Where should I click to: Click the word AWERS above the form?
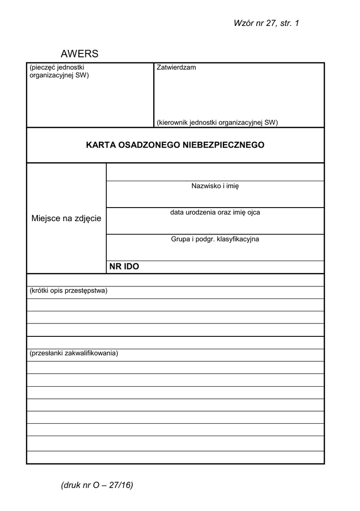pyautogui.click(x=79, y=53)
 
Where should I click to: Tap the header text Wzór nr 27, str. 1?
pyautogui.click(x=266, y=23)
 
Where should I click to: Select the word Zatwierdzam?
pyautogui.click(x=176, y=67)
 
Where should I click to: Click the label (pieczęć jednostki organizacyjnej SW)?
pyautogui.click(x=59, y=71)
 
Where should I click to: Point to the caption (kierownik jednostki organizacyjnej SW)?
pyautogui.click(x=217, y=122)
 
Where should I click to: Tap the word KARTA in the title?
pyautogui.click(x=100, y=145)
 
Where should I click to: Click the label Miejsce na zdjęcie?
pyautogui.click(x=66, y=218)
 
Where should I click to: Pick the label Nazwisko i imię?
pyautogui.click(x=215, y=186)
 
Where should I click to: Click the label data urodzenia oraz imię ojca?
pyautogui.click(x=215, y=213)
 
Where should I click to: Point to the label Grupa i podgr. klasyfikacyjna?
pyautogui.click(x=215, y=239)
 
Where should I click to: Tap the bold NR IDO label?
pyautogui.click(x=124, y=267)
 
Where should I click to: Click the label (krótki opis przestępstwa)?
pyautogui.click(x=69, y=290)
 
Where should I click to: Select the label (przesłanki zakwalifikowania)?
pyautogui.click(x=74, y=353)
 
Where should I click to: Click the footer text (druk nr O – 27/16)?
pyautogui.click(x=97, y=485)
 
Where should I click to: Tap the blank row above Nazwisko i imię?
pyautogui.click(x=215, y=172)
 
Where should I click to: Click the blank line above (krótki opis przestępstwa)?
pyautogui.click(x=175, y=280)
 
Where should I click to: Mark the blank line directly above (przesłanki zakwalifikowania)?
pyautogui.click(x=175, y=342)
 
